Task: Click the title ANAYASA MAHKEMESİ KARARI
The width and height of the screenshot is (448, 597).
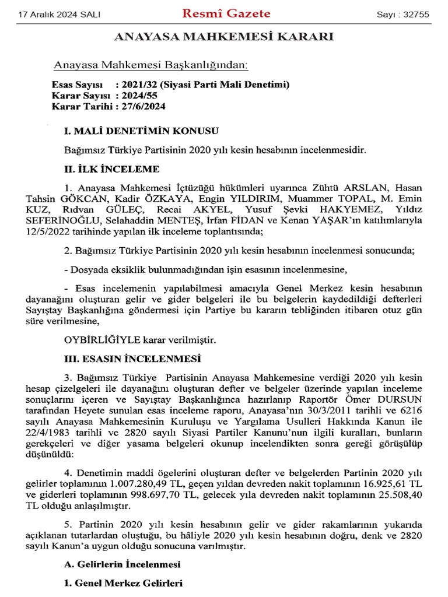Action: [223, 37]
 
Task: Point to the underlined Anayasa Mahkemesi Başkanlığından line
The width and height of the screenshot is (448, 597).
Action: [150, 64]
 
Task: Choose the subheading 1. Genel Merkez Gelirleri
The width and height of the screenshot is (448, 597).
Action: [123, 582]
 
